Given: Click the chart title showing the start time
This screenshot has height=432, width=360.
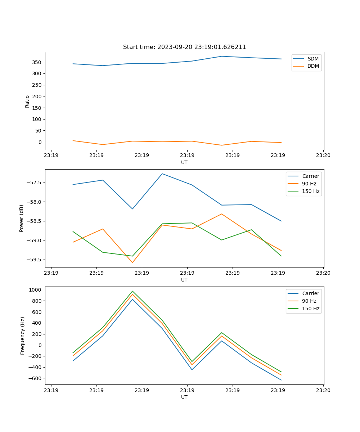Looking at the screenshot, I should tap(184, 47).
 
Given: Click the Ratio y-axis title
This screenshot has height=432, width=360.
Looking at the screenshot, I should tap(27, 101).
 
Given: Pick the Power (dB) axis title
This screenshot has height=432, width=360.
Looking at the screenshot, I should tap(22, 218).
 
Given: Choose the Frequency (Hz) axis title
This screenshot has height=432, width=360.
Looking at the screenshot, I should tap(23, 336).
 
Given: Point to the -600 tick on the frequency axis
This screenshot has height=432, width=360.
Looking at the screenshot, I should tap(36, 378).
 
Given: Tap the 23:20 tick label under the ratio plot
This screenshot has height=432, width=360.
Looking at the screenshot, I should tap(323, 156).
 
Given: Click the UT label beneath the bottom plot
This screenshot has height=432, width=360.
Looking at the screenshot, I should tap(184, 397).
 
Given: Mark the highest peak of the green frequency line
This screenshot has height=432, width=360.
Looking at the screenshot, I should tap(132, 291).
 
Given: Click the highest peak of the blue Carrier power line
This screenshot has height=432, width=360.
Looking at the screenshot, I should tap(162, 174).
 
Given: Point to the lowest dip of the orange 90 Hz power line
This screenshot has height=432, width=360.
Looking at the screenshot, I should tap(132, 262).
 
